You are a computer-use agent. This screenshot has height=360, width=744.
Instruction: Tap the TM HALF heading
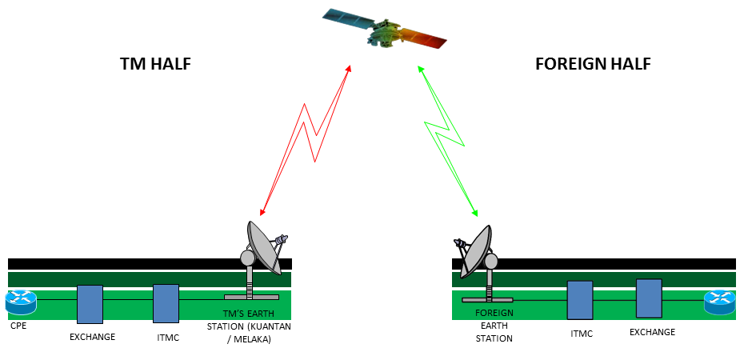[155, 64]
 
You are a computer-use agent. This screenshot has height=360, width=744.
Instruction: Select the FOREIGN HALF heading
[593, 64]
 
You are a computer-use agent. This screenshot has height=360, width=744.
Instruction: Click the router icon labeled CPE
[21, 302]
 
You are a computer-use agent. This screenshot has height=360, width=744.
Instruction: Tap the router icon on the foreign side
[719, 302]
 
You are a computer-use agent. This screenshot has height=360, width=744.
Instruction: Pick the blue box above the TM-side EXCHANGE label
[90, 304]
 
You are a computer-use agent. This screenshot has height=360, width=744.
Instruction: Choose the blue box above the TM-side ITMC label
[166, 303]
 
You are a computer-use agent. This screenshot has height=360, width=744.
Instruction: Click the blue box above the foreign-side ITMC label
[580, 300]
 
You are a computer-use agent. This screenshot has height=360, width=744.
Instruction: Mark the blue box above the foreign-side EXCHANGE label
[649, 298]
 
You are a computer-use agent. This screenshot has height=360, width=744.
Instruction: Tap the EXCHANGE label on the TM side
[92, 337]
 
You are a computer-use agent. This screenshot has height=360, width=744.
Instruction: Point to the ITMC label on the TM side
[168, 338]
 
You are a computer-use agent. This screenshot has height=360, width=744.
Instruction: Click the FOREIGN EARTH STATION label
[494, 326]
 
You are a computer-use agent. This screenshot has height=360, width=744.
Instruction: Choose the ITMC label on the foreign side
[581, 334]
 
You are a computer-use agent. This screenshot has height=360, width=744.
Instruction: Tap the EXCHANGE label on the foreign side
[652, 332]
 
